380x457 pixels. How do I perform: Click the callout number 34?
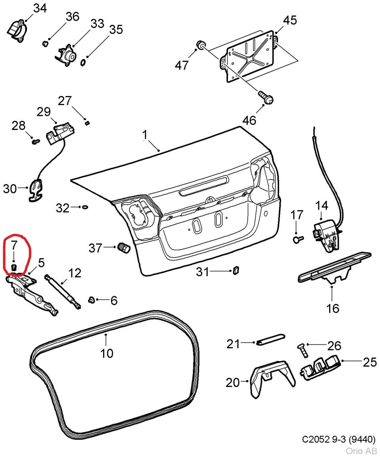point(40,8)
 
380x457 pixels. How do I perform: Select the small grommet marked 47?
point(201,45)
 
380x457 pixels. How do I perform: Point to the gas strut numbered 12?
point(62,292)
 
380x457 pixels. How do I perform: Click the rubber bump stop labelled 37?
point(124,248)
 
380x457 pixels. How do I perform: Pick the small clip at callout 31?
point(236,270)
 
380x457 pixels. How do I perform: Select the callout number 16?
point(333,308)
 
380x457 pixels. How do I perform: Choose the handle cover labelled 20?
point(271,377)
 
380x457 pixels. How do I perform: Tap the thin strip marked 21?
point(270,339)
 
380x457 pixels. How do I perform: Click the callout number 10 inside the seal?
point(107,353)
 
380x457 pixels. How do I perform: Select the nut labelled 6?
point(92,300)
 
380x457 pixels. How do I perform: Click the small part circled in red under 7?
point(14,268)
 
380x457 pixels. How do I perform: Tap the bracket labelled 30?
point(35,190)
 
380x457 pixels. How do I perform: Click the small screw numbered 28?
point(35,141)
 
